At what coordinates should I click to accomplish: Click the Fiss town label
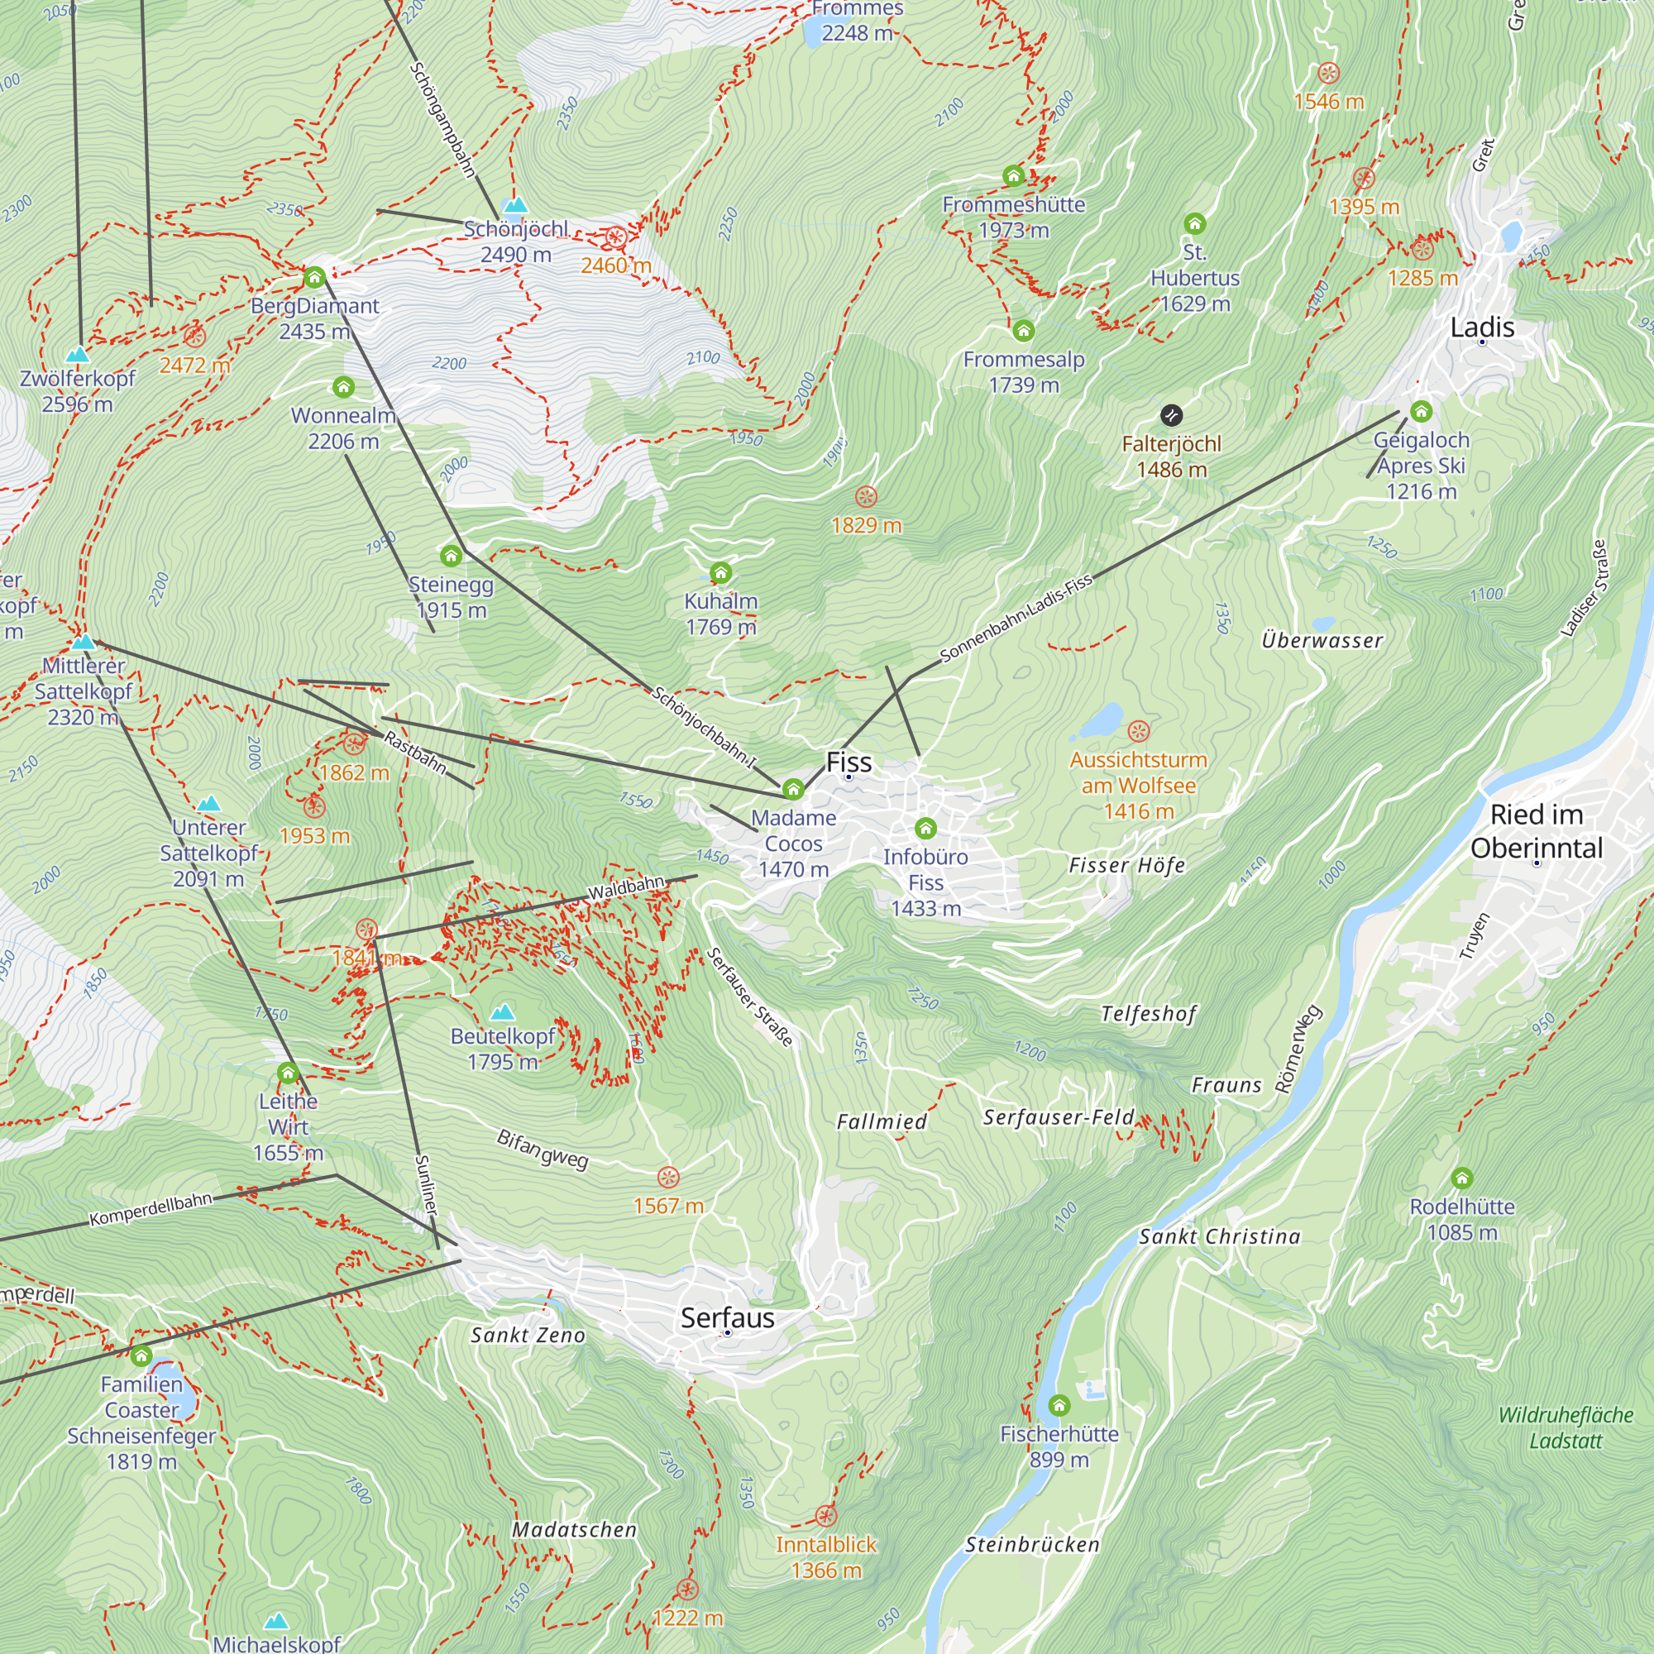click(849, 762)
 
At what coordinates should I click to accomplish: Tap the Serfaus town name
click(728, 1317)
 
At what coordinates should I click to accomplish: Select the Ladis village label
click(1482, 327)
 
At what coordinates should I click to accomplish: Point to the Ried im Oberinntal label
click(1536, 830)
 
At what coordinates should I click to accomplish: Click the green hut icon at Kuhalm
click(721, 572)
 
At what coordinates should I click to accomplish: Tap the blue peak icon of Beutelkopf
click(503, 1012)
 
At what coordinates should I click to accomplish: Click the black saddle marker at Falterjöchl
click(1171, 415)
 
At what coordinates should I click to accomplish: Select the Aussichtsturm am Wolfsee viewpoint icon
click(1138, 730)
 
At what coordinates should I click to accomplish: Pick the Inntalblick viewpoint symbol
click(825, 1516)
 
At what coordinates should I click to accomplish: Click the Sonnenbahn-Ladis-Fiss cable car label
click(1016, 618)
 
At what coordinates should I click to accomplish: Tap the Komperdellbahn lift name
click(151, 1208)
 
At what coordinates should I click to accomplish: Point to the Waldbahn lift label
click(626, 887)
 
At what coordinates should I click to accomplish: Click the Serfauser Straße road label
click(750, 997)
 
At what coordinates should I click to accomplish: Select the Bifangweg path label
click(543, 1149)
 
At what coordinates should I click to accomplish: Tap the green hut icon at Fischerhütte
click(1059, 1405)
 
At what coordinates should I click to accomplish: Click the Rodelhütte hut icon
click(1462, 1178)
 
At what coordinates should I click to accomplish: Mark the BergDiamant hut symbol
click(314, 277)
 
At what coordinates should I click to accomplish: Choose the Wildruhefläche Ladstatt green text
click(1565, 1427)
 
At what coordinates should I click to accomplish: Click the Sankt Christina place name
click(1219, 1236)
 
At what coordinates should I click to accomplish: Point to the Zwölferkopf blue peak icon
click(78, 354)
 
